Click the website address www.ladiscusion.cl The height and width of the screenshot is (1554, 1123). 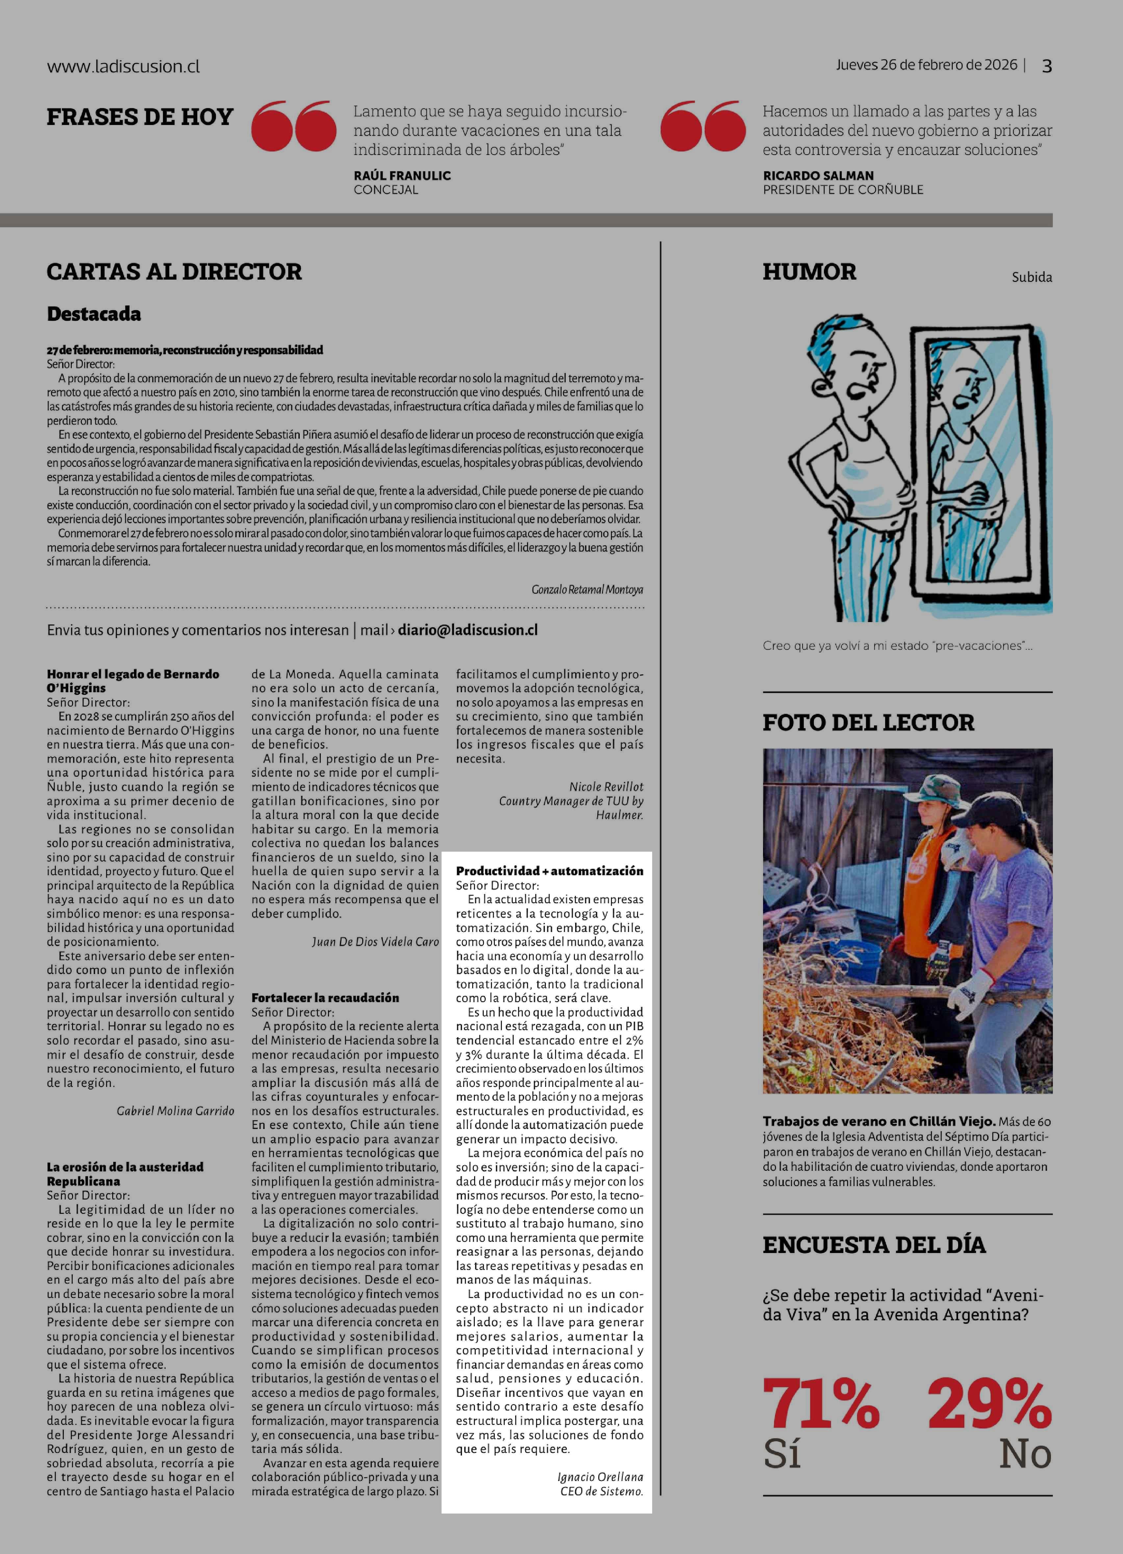point(123,66)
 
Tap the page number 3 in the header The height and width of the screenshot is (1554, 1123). point(1046,66)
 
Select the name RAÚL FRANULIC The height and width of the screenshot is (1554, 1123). point(402,175)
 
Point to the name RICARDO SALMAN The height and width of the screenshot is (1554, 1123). point(818,175)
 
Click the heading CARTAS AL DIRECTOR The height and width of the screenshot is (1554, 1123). point(174,271)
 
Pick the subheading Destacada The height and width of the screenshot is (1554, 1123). point(94,314)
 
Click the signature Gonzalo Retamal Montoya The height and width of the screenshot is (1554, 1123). point(587,589)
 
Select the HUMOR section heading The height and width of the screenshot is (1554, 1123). point(809,271)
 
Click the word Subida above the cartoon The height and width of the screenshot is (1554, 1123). point(1031,277)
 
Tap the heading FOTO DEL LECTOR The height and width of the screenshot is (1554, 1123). point(868,722)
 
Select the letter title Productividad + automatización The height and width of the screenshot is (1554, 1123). point(549,871)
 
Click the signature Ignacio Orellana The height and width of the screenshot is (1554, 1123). point(600,1477)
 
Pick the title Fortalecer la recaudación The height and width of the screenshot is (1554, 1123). point(325,998)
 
